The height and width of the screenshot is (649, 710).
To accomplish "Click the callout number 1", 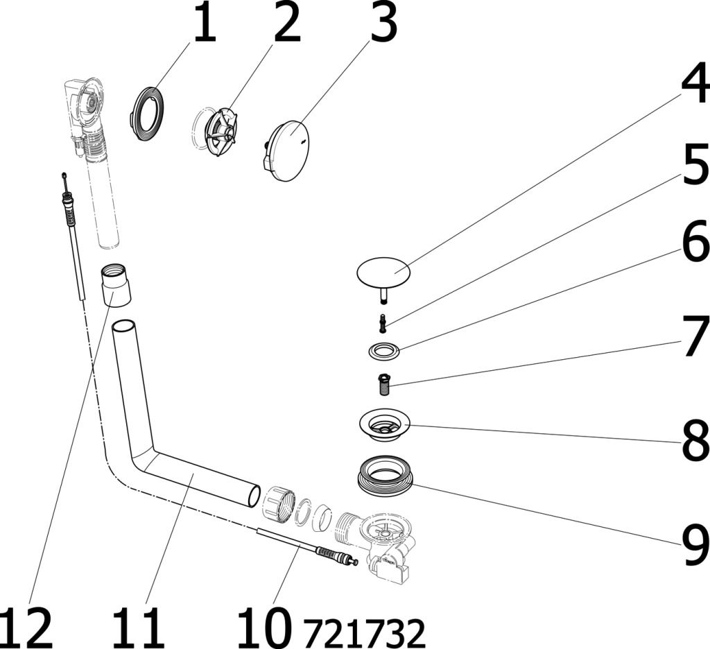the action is (205, 23).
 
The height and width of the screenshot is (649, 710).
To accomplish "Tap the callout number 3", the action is (383, 23).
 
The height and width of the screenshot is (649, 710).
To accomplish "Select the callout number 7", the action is (696, 336).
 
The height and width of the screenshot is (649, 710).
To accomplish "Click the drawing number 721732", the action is (364, 633).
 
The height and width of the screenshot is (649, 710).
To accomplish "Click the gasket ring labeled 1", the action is (146, 114).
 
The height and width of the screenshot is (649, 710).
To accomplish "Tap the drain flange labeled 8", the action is (384, 425).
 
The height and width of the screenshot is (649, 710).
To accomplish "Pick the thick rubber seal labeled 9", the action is (384, 476).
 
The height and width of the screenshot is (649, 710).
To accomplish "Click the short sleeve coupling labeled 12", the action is (116, 286).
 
